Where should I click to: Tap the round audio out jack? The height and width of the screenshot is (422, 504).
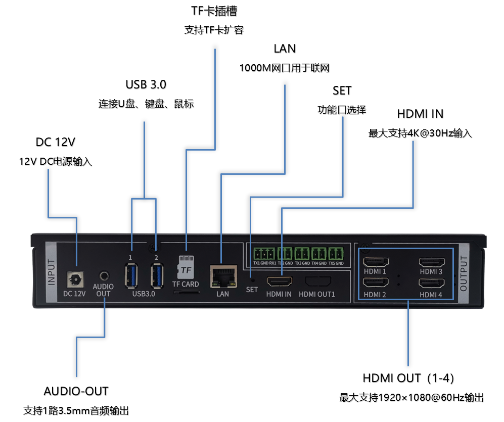click(x=104, y=275)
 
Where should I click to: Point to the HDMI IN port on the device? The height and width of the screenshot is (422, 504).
click(x=279, y=281)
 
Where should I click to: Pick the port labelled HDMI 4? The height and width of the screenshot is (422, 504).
click(x=431, y=285)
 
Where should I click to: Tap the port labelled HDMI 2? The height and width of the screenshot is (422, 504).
click(x=376, y=285)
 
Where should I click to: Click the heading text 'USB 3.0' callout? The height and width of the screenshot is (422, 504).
click(x=146, y=84)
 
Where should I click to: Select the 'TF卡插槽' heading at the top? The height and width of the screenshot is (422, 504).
click(x=214, y=11)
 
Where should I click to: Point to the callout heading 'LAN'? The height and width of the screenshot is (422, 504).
click(x=285, y=49)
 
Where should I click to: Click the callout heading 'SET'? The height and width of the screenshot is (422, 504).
click(x=342, y=91)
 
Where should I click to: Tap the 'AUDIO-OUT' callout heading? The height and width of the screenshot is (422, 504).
click(x=76, y=391)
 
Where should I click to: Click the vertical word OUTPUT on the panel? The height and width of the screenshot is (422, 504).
click(x=464, y=273)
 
